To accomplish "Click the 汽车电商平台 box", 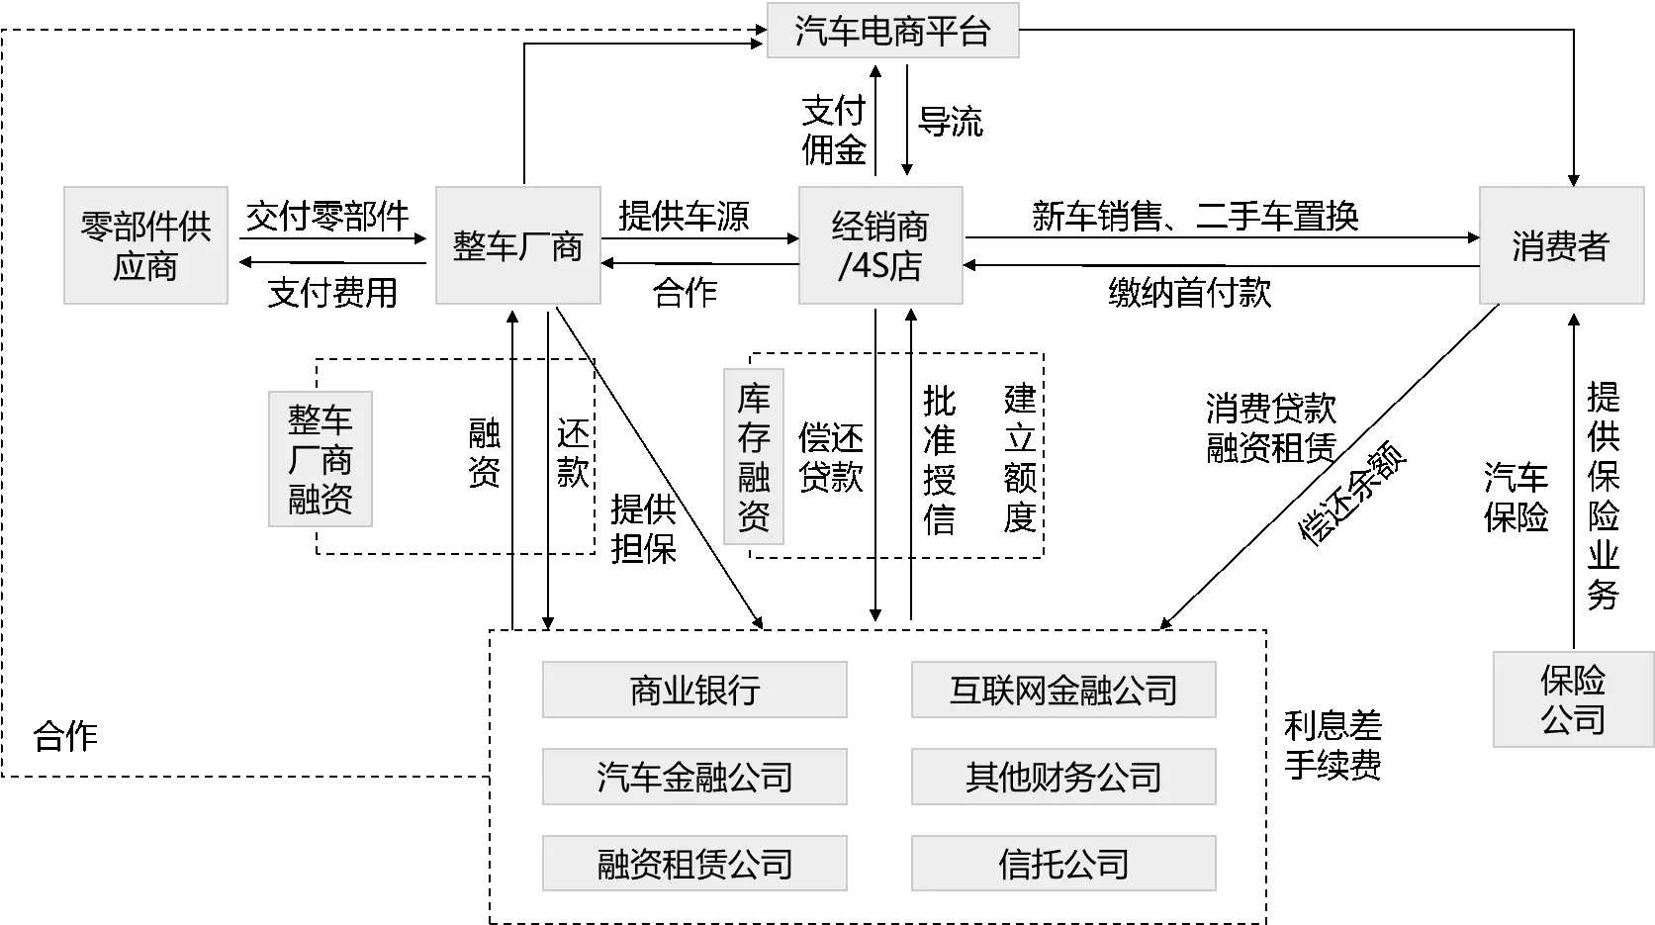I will (890, 32).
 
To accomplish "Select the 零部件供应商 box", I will (146, 245).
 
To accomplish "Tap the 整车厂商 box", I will (518, 245).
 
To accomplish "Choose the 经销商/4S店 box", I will (878, 245).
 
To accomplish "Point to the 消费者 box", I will (1559, 245).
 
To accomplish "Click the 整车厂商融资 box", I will (321, 459).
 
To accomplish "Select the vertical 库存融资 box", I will (755, 455).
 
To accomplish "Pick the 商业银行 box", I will (695, 689).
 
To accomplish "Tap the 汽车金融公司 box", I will (695, 776).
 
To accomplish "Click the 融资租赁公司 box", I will (695, 863).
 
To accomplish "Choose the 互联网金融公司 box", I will (1063, 689).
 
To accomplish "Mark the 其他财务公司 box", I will (1063, 776).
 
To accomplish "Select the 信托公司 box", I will (1063, 863).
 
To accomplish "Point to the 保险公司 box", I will (1572, 699).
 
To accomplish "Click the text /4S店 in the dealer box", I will (879, 266).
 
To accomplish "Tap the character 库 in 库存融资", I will (754, 399).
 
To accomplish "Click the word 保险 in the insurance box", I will (1572, 680).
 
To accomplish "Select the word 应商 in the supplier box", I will (145, 266).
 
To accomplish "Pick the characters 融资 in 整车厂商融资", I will (321, 499).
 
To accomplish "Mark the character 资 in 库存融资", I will (754, 515).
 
